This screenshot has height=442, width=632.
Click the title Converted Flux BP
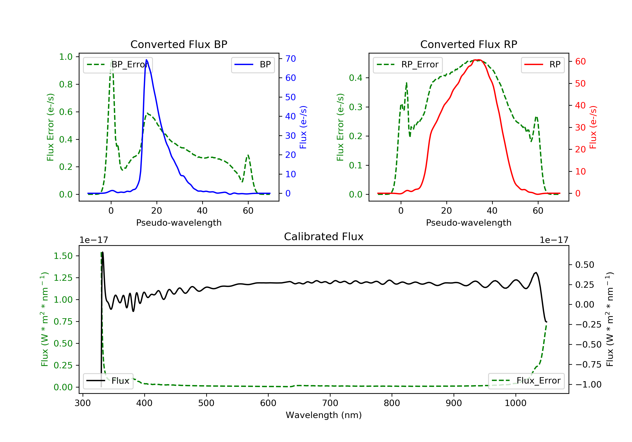[179, 44]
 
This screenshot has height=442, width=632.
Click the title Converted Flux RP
[469, 44]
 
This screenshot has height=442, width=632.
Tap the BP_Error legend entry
[118, 65]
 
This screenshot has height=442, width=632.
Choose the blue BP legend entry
[253, 65]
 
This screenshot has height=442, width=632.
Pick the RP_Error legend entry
[407, 65]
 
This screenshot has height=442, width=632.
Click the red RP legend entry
[542, 65]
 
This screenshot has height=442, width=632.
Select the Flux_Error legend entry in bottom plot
[526, 381]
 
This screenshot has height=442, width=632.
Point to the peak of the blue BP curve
[146, 60]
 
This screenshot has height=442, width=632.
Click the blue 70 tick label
[290, 59]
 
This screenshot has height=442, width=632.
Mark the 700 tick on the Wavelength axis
[330, 403]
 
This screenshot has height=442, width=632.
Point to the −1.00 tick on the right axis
[588, 385]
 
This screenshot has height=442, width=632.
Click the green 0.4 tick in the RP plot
[356, 78]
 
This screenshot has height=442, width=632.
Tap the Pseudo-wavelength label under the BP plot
[179, 222]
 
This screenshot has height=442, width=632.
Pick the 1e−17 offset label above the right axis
[554, 240]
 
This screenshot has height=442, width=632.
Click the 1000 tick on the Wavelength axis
[515, 403]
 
